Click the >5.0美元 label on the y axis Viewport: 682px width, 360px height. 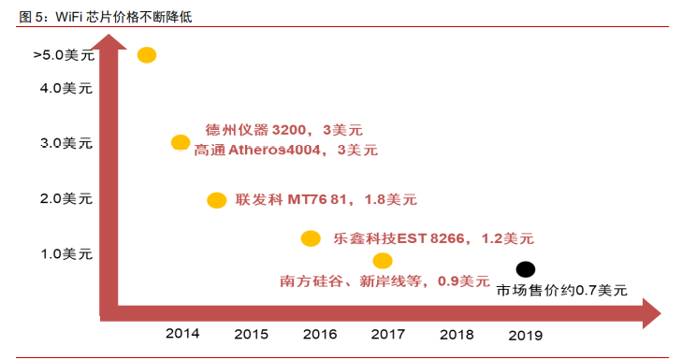click(62, 56)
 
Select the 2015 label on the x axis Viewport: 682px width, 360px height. click(251, 334)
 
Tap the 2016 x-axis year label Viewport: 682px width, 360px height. click(320, 334)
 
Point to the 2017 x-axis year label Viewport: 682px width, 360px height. click(387, 334)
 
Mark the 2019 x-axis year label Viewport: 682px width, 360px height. click(525, 334)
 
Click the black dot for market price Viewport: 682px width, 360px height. click(526, 269)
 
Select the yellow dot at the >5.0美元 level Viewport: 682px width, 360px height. click(147, 55)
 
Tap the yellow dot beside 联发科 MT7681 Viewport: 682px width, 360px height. click(216, 200)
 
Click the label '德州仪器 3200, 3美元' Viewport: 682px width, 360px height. click(283, 130)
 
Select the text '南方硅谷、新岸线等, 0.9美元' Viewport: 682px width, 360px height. click(385, 280)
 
